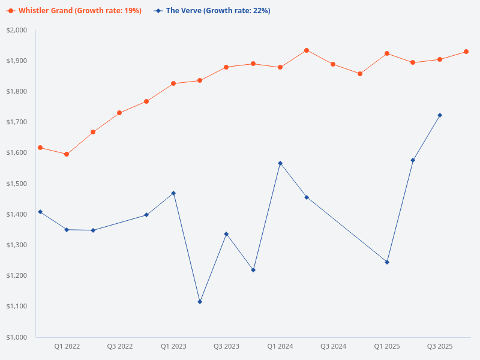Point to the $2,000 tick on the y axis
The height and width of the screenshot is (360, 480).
click(x=17, y=30)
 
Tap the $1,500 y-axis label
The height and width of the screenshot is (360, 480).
click(x=17, y=184)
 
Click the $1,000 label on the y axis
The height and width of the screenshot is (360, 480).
click(x=17, y=337)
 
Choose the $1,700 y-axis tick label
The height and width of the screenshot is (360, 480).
click(x=17, y=122)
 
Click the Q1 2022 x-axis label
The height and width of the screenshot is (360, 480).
click(x=67, y=347)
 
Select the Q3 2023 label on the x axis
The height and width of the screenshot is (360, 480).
click(x=226, y=347)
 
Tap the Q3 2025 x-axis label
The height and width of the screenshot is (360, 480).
click(x=440, y=347)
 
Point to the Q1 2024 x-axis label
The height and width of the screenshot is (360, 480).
click(x=280, y=347)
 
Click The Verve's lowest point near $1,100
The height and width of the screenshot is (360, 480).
click(x=200, y=302)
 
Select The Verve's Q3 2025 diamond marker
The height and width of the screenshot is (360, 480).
click(x=440, y=115)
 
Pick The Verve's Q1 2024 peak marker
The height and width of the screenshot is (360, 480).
click(x=280, y=163)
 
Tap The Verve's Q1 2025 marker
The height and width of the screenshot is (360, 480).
click(x=387, y=262)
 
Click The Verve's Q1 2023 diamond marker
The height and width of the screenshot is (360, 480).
click(x=173, y=193)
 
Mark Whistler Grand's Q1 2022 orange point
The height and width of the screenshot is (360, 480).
click(x=67, y=154)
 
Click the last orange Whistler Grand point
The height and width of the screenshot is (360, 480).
click(x=466, y=52)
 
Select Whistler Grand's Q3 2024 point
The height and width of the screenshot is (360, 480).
click(x=333, y=64)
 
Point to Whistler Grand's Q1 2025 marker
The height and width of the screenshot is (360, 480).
click(x=387, y=53)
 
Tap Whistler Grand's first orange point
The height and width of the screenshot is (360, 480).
click(x=40, y=148)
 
